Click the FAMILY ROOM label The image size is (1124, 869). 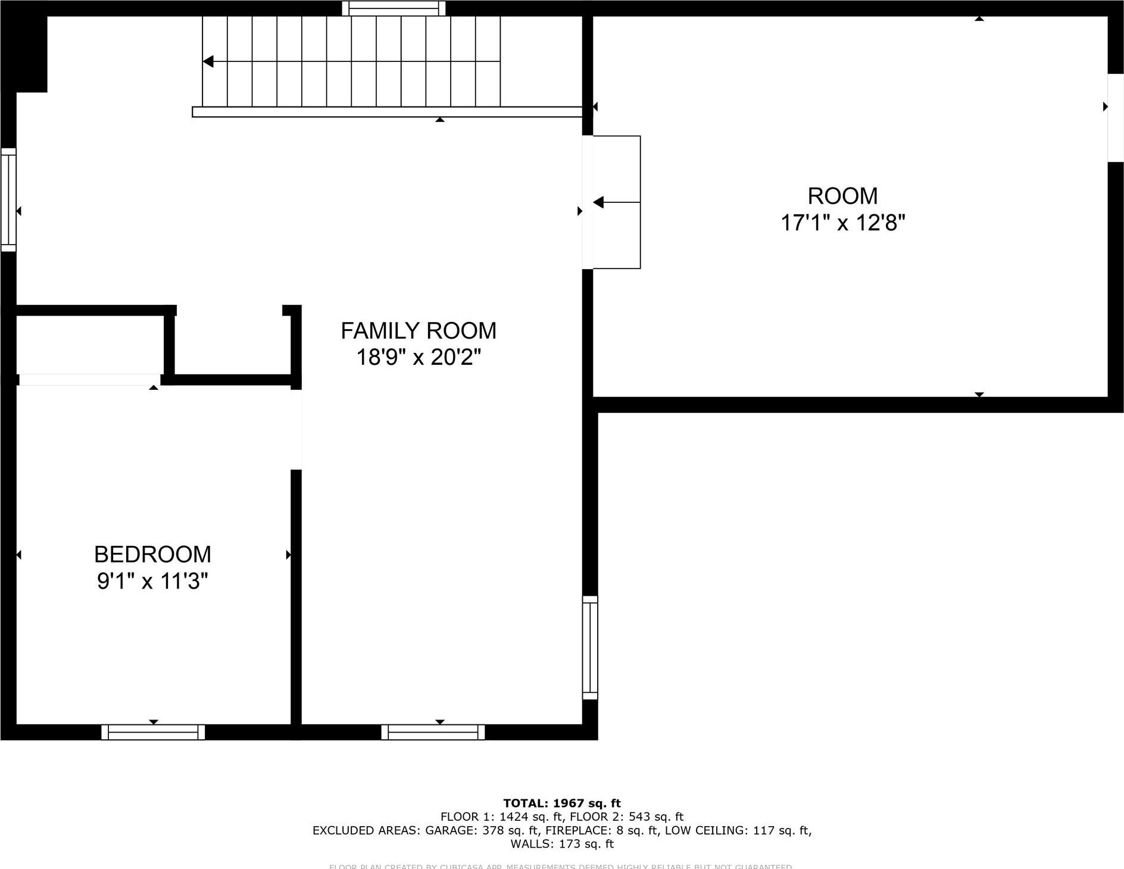[x=418, y=331]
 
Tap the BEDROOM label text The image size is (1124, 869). [x=152, y=555]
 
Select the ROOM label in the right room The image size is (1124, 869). [x=842, y=196]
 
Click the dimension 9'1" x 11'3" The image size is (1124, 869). [x=152, y=582]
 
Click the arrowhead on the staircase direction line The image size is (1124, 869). [x=208, y=61]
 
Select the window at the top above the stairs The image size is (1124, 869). [x=394, y=8]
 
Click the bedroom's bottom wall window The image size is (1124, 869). [x=153, y=732]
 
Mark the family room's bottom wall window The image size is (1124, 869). [x=433, y=732]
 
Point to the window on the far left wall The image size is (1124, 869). [x=8, y=199]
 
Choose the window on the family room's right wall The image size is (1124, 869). [x=589, y=648]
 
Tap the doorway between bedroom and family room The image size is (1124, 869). [x=296, y=430]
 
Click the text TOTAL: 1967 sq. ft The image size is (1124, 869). [x=561, y=804]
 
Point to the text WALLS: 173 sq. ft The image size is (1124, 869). [x=561, y=844]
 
